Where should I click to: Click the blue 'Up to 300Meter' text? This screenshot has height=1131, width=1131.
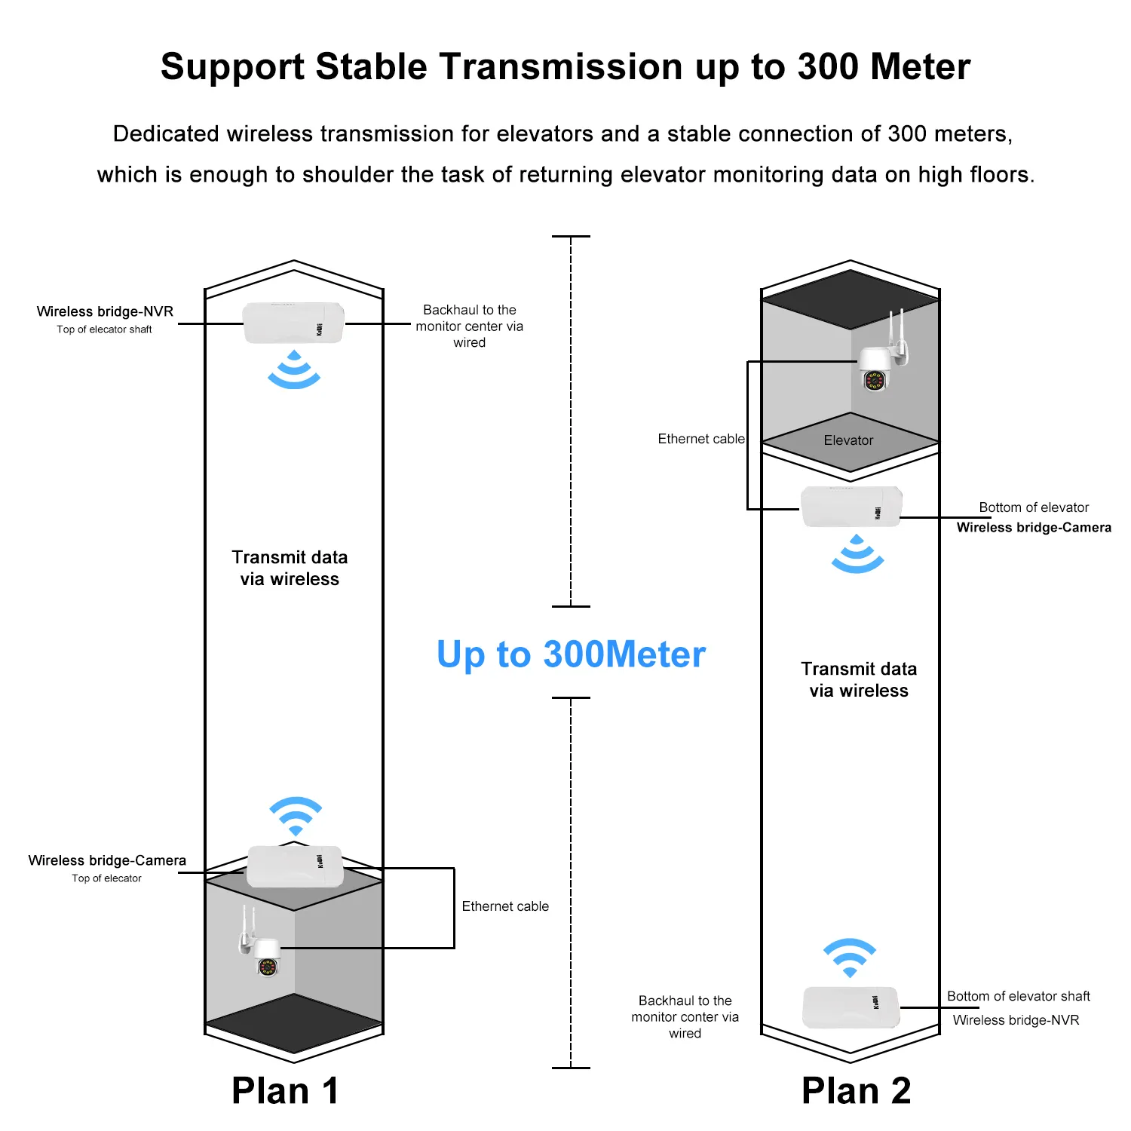pyautogui.click(x=571, y=654)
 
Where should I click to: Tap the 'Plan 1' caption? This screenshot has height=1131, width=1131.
pyautogui.click(x=285, y=1090)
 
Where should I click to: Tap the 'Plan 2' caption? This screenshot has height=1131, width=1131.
pyautogui.click(x=856, y=1090)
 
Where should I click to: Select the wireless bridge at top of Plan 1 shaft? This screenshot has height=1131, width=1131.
pyautogui.click(x=293, y=323)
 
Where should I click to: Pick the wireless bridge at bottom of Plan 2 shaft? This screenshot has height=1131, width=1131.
pyautogui.click(x=851, y=1007)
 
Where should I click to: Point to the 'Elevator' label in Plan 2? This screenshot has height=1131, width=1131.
pyautogui.click(x=848, y=440)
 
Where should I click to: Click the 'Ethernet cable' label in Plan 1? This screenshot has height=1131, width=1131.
pyautogui.click(x=505, y=906)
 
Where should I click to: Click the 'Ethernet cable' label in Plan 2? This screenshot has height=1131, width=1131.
pyautogui.click(x=700, y=439)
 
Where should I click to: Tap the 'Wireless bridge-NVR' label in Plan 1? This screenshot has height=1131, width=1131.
pyautogui.click(x=105, y=311)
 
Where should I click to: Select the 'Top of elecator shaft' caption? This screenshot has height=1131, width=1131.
pyautogui.click(x=104, y=329)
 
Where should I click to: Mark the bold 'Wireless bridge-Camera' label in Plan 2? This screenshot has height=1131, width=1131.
pyautogui.click(x=1034, y=528)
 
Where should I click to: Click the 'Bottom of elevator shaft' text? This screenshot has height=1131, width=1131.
pyautogui.click(x=1018, y=996)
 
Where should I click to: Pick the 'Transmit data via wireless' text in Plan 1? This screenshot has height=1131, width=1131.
pyautogui.click(x=290, y=568)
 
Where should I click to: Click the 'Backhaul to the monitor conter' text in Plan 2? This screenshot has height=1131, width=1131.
pyautogui.click(x=685, y=1016)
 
